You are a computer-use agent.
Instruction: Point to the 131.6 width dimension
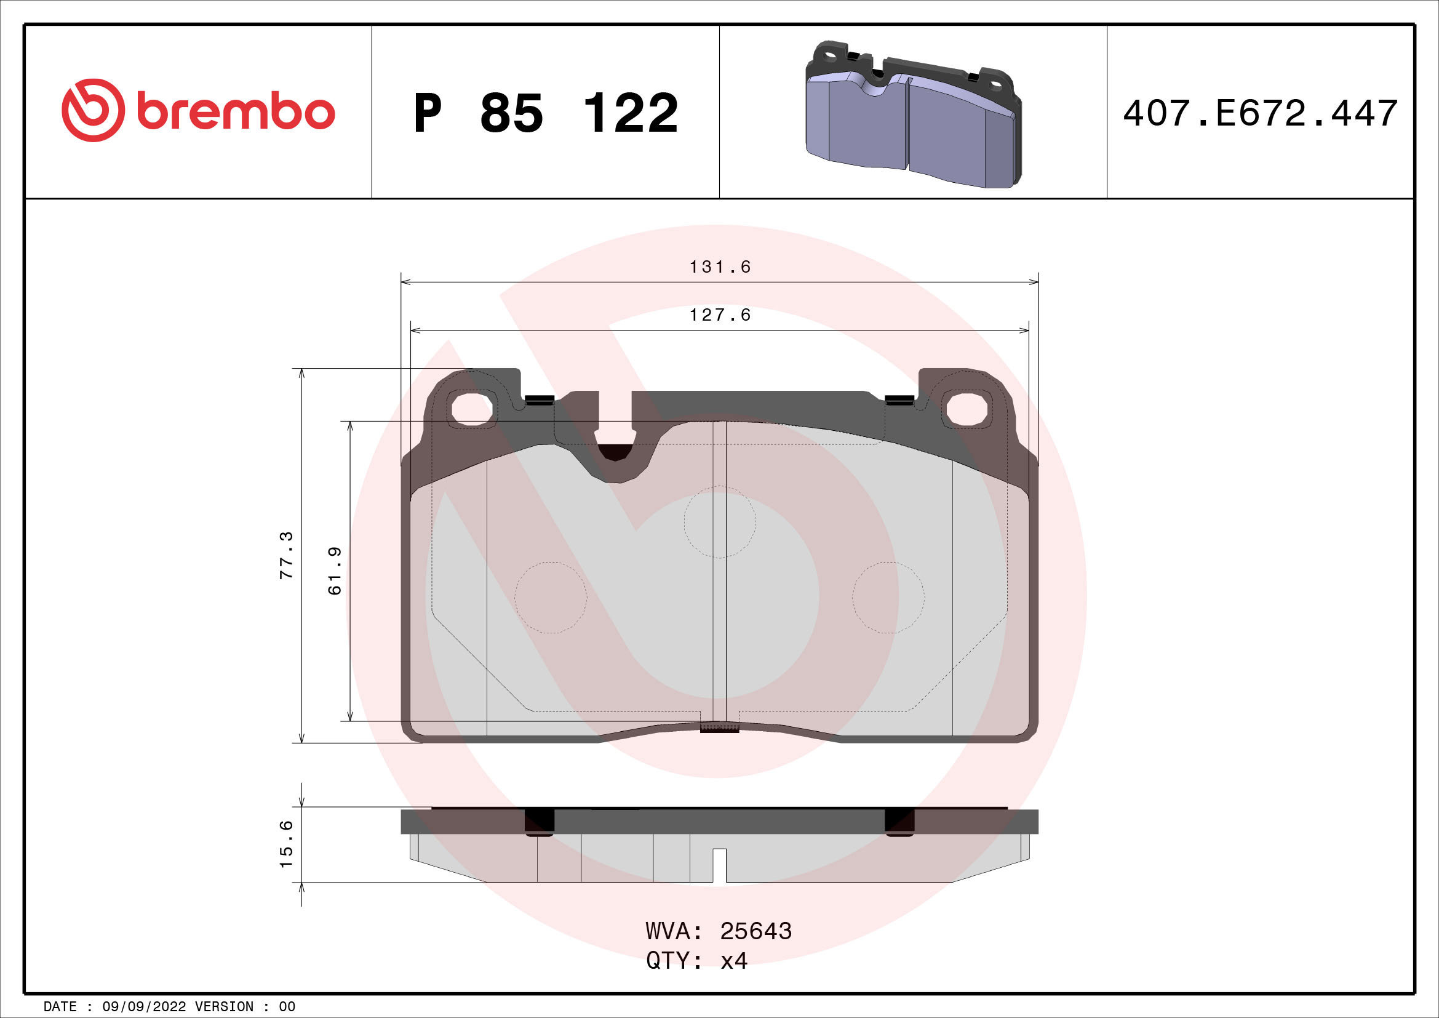click(x=720, y=268)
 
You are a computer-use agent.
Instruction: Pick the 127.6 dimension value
click(x=720, y=315)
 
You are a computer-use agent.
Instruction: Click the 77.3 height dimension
click(x=287, y=555)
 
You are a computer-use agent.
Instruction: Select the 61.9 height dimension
click(x=335, y=571)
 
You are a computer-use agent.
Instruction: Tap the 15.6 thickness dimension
click(x=287, y=844)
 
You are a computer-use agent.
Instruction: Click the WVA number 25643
click(x=755, y=931)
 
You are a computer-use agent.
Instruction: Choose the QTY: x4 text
click(x=696, y=960)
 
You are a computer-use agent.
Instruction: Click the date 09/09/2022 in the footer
click(x=143, y=1007)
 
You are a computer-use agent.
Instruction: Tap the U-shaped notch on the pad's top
click(x=615, y=439)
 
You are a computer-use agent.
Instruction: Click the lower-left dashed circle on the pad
click(x=550, y=598)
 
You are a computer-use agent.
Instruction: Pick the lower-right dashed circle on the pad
click(x=888, y=598)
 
